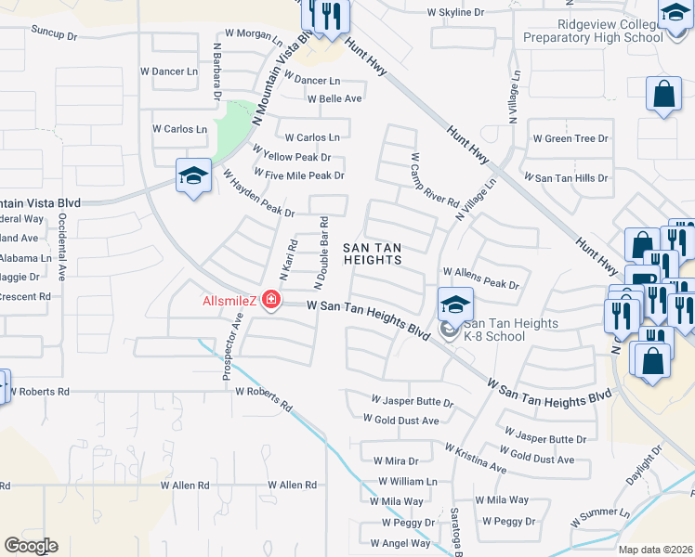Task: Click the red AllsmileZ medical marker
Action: (x=270, y=300)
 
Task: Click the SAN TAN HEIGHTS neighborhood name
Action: (x=373, y=253)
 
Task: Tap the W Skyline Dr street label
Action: (x=455, y=12)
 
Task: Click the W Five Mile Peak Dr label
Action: (x=298, y=175)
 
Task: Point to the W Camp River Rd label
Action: (x=434, y=181)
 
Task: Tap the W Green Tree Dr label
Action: (x=570, y=138)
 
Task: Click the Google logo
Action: (x=31, y=545)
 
